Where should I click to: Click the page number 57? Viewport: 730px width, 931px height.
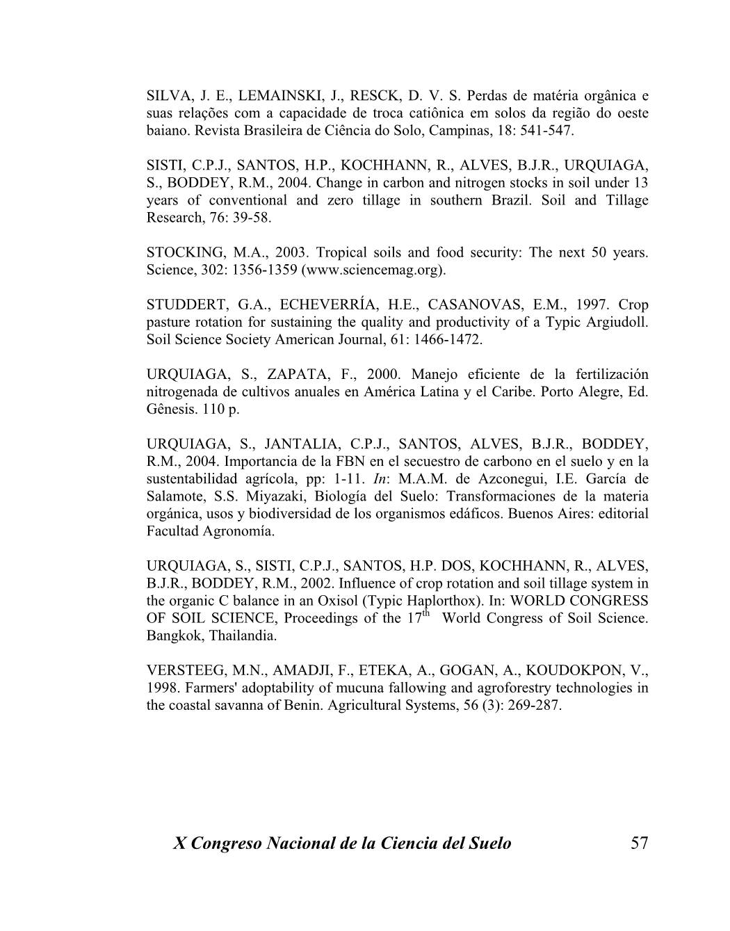pyautogui.click(x=639, y=843)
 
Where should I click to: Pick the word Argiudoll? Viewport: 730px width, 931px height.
pyautogui.click(x=617, y=322)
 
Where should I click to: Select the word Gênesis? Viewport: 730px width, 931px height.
pyautogui.click(x=171, y=410)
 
